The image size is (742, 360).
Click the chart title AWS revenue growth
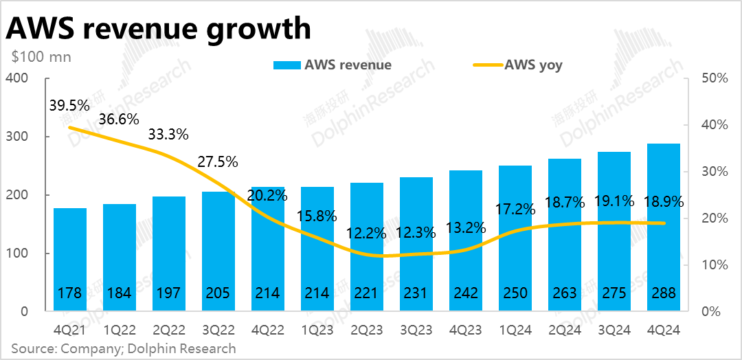tap(159, 29)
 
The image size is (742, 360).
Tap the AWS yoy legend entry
tap(518, 65)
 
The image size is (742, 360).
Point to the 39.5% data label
tap(69, 106)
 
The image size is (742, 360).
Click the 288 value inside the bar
tap(663, 293)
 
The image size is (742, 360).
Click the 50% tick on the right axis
tap(714, 78)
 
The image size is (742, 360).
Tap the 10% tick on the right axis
tap(714, 265)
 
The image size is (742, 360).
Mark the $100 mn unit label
tap(41, 57)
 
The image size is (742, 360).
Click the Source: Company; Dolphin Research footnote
tap(124, 348)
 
